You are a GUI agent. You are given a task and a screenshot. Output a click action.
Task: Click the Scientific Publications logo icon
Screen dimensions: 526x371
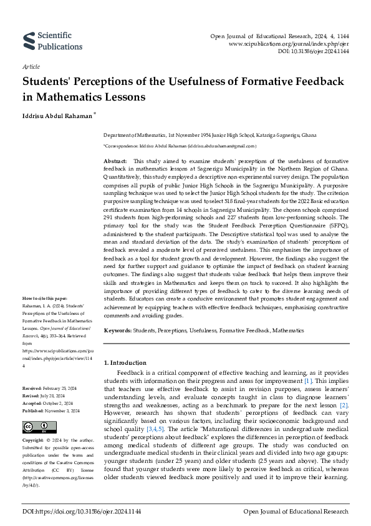click(29, 41)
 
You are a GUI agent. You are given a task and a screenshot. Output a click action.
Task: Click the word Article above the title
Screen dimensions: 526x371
click(31, 66)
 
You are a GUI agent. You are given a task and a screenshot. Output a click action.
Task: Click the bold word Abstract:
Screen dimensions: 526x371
click(115, 161)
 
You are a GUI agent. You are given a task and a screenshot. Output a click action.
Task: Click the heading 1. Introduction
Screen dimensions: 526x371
click(125, 362)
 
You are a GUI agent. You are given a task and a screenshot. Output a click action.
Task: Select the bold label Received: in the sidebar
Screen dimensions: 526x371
click(32, 388)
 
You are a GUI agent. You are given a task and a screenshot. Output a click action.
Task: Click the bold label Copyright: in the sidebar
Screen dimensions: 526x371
click(34, 441)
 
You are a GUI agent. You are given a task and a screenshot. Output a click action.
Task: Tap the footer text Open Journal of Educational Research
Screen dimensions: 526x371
click(296, 512)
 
